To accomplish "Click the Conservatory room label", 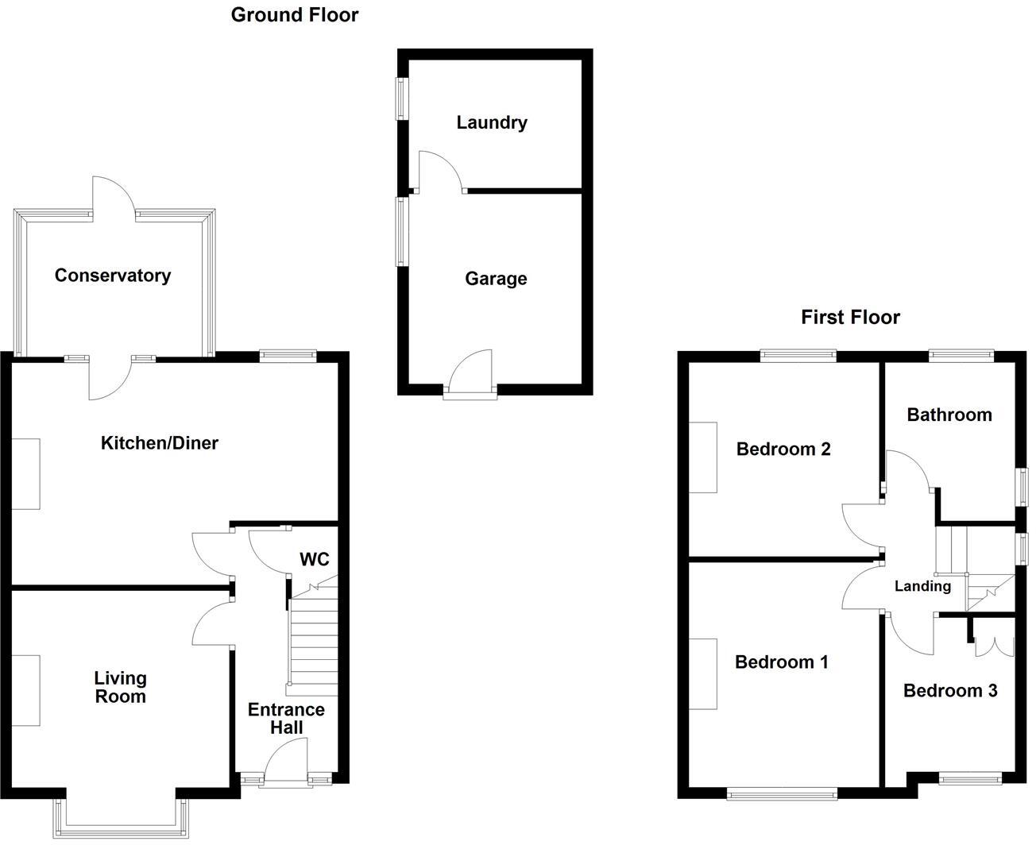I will [x=113, y=276].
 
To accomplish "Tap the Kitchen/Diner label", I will [x=159, y=443].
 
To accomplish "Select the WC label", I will [x=314, y=559].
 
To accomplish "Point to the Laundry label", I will [x=491, y=122].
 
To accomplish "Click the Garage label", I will [x=496, y=279].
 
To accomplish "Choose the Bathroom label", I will [x=949, y=415].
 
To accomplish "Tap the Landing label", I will [x=922, y=586].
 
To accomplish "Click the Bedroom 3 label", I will [x=949, y=691].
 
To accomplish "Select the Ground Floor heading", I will [x=295, y=15].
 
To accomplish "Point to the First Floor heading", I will [x=850, y=318].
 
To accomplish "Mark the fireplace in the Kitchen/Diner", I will [x=25, y=474].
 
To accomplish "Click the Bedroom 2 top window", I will [x=798, y=356].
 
